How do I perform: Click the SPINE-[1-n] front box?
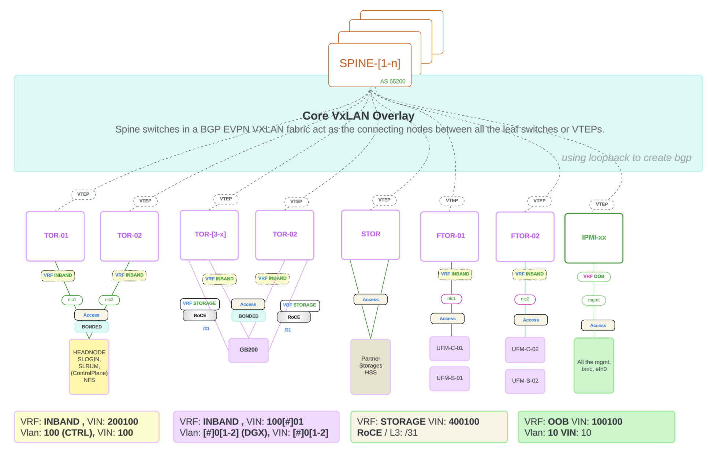coord(370,64)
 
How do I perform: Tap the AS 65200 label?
coord(392,81)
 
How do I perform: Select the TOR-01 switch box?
coord(55,236)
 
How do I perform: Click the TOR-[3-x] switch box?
coord(209,235)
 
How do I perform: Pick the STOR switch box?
coord(370,235)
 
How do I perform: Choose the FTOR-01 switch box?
coord(450,236)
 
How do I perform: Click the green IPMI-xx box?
coord(593,238)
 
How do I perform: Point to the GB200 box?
coord(249,350)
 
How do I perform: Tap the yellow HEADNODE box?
coord(89,366)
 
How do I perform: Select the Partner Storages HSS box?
coord(370,366)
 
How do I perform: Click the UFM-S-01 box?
coord(450,378)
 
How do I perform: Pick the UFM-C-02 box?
coord(525,350)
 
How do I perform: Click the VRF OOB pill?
coord(593,276)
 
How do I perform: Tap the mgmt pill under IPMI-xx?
coord(593,300)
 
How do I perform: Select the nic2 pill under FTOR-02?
coord(525,299)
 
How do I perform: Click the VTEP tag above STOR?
coord(384,200)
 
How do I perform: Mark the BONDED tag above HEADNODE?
coord(92,327)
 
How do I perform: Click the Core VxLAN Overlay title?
coord(358,116)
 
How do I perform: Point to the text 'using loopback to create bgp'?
coord(626,158)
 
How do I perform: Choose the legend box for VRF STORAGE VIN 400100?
coord(429,427)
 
